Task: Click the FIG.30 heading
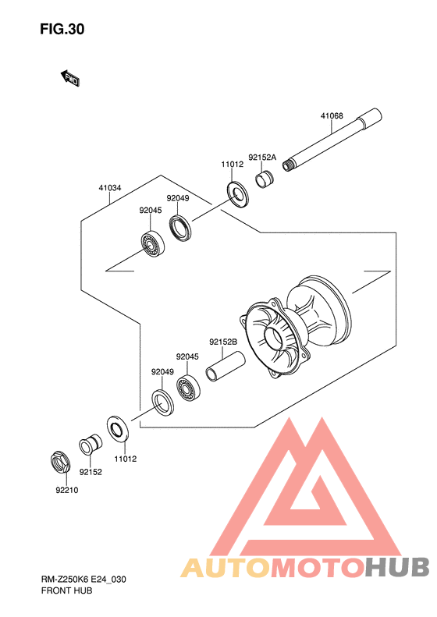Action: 62,29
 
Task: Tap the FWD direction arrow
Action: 70,78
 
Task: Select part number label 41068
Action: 332,115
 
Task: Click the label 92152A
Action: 262,158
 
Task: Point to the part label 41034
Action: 110,188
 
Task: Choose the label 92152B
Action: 223,342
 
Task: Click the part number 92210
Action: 66,490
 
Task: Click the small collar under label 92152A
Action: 265,179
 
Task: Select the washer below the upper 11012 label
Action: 237,194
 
